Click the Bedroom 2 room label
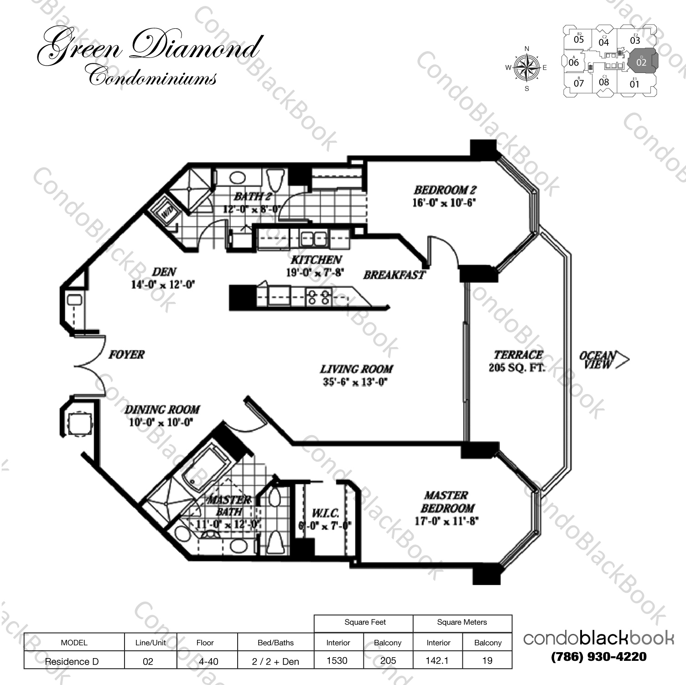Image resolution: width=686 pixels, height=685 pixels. tap(445, 190)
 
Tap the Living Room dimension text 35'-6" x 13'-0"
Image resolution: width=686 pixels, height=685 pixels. tap(355, 382)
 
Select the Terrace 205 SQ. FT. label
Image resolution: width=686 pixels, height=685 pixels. tap(518, 361)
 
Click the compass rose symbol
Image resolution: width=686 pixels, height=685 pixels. tap(527, 68)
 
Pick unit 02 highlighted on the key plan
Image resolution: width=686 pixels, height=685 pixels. tap(641, 62)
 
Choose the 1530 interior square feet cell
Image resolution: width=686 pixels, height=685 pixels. tap(337, 660)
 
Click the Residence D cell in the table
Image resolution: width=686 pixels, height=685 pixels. tap(72, 661)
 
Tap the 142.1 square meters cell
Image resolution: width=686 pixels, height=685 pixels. tap(437, 660)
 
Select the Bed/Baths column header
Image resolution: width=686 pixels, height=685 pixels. tap(275, 643)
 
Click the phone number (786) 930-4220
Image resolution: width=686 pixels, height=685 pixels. tap(599, 657)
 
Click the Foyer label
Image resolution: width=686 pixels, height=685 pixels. tap(126, 354)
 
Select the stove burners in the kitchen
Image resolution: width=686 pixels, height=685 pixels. tap(318, 297)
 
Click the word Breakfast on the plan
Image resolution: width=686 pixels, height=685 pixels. tap(394, 275)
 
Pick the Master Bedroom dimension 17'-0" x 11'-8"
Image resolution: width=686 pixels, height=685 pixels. tap(446, 521)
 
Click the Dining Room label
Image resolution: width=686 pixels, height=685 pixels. tap(162, 410)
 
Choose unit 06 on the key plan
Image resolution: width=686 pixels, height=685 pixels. tap(574, 62)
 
